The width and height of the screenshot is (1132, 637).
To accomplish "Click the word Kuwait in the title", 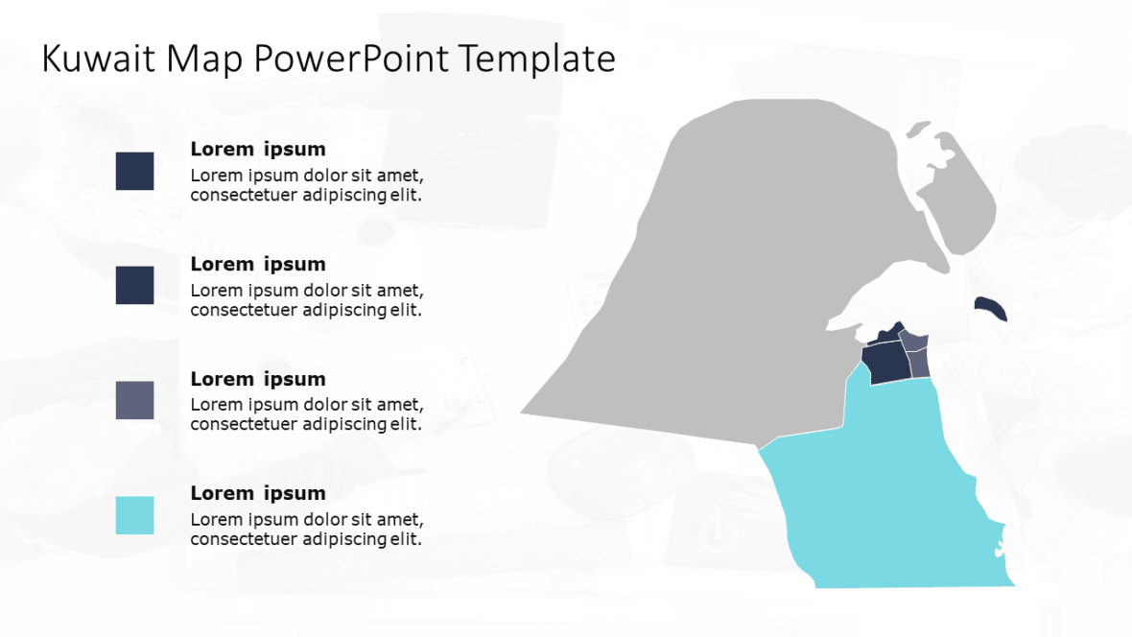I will click(x=99, y=59).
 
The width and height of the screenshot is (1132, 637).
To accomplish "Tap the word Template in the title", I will click(x=536, y=59).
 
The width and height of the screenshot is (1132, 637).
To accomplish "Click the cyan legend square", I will click(x=134, y=515).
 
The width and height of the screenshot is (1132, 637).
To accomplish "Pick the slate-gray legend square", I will click(x=134, y=400).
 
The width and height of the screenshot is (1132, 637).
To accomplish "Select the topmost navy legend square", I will click(x=134, y=171).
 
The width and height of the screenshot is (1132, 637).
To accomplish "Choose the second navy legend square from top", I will click(x=134, y=285).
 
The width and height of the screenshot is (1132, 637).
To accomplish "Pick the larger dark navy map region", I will click(x=884, y=363).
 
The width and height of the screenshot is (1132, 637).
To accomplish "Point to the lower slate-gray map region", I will click(x=920, y=364).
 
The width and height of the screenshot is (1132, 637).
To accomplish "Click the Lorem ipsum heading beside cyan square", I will click(x=258, y=493).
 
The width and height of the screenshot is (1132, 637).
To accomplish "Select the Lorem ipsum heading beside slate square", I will click(x=258, y=379).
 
